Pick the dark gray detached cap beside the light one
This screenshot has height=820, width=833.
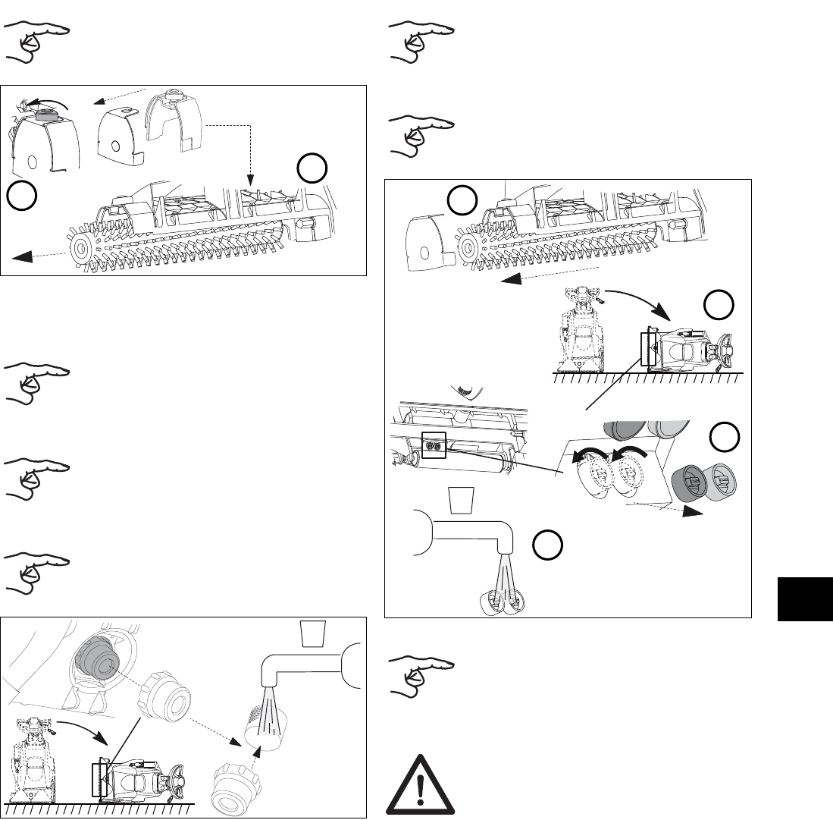[688, 484]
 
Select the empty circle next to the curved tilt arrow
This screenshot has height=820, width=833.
[718, 305]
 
